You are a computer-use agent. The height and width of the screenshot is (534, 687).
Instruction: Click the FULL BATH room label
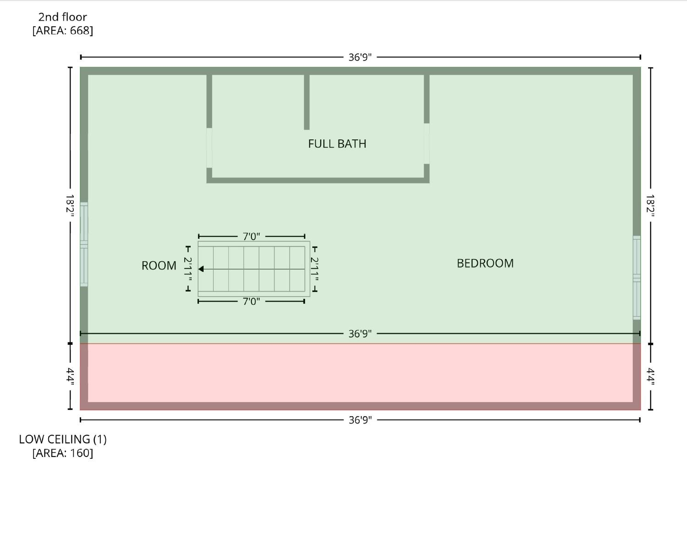coord(337,144)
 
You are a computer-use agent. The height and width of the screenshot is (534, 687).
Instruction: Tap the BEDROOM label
coord(485,263)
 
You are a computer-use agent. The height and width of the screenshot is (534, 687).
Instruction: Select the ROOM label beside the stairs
coord(159,266)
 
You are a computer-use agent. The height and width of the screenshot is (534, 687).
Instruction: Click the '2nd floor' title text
coord(62,17)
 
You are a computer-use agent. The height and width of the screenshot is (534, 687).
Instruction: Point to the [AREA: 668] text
coord(62,31)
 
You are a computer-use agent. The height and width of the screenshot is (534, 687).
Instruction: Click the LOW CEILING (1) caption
coord(62,439)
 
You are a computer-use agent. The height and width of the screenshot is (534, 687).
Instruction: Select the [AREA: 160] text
coord(62,453)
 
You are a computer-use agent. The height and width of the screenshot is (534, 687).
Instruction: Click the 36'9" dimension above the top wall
coord(360,57)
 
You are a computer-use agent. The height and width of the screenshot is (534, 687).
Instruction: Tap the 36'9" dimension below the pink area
coord(360,420)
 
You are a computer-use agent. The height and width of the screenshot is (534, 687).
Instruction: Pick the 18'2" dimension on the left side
coord(70,205)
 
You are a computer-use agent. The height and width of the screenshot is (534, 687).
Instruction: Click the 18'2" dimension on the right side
coord(650,205)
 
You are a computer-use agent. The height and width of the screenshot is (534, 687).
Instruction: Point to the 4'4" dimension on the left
coord(70,376)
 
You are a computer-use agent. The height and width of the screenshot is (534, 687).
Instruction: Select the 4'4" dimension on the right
coord(650,376)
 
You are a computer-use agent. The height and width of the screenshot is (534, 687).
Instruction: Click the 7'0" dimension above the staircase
coord(251,237)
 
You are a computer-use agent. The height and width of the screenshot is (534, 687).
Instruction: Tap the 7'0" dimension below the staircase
coord(251,302)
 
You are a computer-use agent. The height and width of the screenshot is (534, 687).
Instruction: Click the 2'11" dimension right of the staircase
coord(314,269)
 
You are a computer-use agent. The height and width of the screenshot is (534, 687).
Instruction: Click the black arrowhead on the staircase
coord(201,269)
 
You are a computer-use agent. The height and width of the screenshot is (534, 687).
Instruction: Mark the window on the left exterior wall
coord(84,245)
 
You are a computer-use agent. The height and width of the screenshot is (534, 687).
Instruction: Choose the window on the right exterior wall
coord(637,278)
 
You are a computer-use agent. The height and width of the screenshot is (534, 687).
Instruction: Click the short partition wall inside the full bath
coord(307,102)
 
